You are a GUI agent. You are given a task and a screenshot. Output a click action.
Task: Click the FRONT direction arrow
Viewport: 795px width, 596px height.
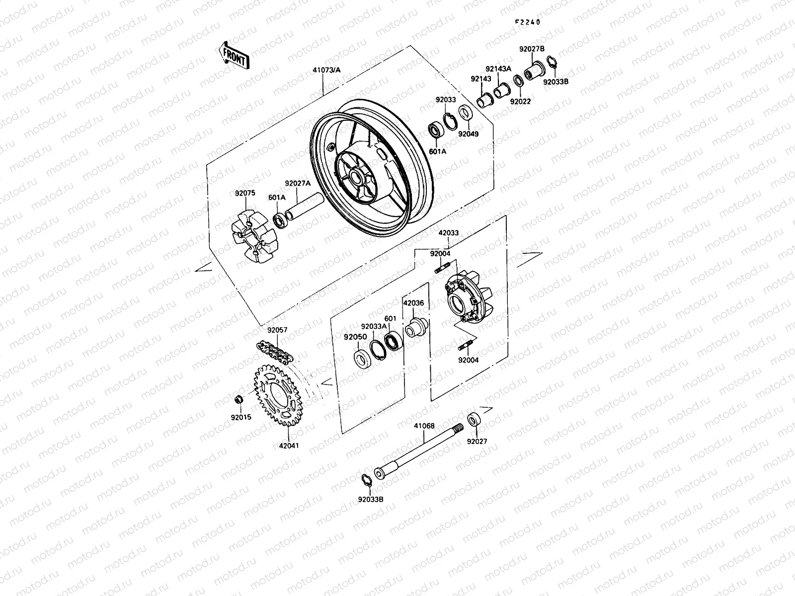(x=234, y=55)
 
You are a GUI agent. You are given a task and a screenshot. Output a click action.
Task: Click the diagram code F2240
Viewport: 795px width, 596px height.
(x=527, y=22)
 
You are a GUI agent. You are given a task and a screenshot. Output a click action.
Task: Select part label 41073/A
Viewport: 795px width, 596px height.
(x=327, y=70)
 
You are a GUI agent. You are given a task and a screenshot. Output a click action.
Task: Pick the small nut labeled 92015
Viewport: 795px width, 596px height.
(x=238, y=400)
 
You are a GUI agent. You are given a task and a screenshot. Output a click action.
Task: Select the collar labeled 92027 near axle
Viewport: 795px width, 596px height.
(x=475, y=419)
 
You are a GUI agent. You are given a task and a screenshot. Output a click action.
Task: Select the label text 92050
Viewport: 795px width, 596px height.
(x=355, y=337)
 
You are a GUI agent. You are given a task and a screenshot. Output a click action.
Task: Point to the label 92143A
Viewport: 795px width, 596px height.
(x=498, y=69)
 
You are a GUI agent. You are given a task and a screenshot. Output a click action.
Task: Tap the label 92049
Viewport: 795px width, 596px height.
(x=468, y=134)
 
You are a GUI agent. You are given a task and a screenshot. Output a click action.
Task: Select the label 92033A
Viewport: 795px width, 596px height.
(x=374, y=326)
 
